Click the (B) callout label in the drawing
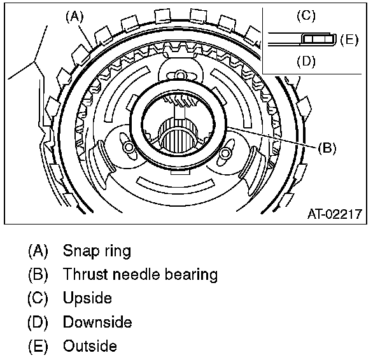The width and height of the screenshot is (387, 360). (326, 148)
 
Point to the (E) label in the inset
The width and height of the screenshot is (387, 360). (349, 39)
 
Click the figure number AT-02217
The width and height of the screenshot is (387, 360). (335, 214)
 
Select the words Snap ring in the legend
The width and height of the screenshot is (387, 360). (97, 251)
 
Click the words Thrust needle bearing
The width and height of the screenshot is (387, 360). (140, 275)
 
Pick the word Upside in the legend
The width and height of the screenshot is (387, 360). (87, 298)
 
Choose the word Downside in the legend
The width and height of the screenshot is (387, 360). (97, 322)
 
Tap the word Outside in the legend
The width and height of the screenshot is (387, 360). (90, 347)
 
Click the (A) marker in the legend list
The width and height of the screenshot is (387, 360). (38, 251)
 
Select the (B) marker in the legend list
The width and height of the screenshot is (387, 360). (38, 275)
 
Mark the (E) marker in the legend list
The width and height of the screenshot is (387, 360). (38, 347)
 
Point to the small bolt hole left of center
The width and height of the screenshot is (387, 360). (128, 148)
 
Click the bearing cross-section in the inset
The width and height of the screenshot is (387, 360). (316, 39)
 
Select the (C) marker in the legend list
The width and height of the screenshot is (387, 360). (38, 298)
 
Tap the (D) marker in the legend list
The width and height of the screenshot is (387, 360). (38, 322)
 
